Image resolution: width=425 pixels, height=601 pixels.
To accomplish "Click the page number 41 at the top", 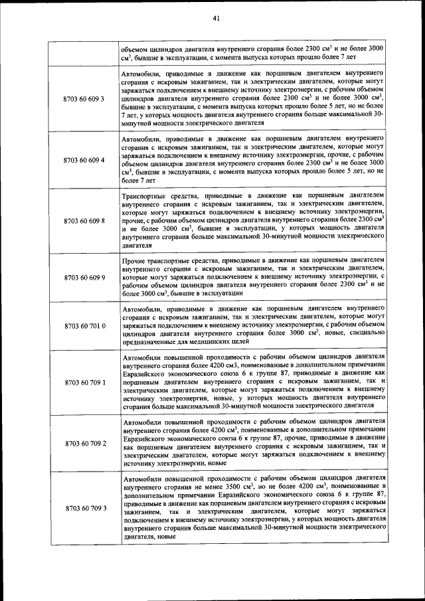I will [x=216, y=18].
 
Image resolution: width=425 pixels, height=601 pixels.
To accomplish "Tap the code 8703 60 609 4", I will [x=84, y=161].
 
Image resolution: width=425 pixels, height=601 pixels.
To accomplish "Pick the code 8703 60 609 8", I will [x=84, y=220].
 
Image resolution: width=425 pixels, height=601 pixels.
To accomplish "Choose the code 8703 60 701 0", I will [x=84, y=326].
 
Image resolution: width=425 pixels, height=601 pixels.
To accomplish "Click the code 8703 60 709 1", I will [x=84, y=383].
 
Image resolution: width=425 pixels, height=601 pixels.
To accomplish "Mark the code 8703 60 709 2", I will [x=84, y=442].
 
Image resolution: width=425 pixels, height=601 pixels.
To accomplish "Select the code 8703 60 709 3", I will [x=84, y=508].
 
